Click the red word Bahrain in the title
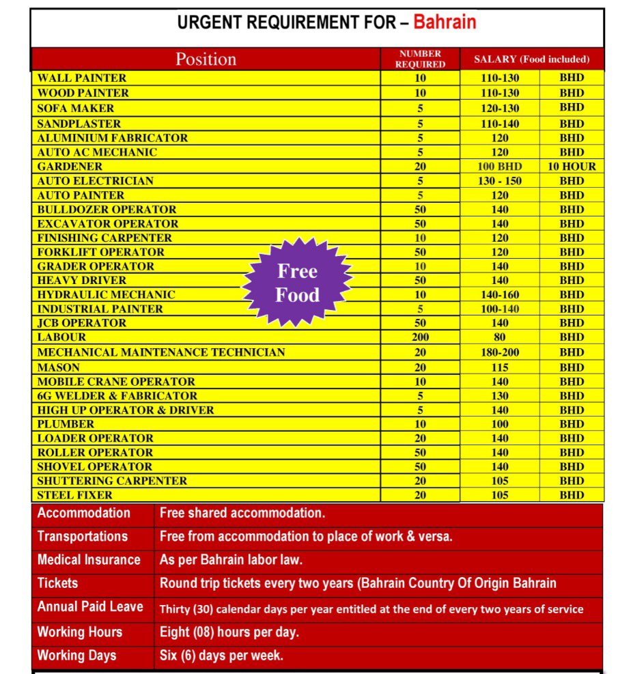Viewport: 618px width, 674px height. (445, 23)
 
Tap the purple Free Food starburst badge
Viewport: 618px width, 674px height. (298, 283)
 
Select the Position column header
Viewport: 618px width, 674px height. (206, 59)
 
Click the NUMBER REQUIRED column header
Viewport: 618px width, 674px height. (420, 59)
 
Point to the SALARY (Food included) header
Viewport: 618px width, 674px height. (531, 59)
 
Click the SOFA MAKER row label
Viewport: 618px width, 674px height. (76, 108)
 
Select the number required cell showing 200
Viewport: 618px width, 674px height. (420, 337)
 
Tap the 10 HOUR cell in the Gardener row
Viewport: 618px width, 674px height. (572, 167)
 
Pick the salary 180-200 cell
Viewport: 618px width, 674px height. (500, 352)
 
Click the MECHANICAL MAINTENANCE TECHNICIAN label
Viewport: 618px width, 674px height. (161, 352)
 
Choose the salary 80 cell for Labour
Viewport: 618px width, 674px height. (500, 337)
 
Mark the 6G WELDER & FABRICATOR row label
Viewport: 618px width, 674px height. (117, 396)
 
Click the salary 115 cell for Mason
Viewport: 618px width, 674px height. (500, 367)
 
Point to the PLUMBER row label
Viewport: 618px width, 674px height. (66, 424)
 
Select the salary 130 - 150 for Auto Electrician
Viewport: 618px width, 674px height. (500, 181)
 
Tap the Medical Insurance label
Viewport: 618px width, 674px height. (89, 560)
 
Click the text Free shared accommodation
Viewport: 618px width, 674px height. (242, 513)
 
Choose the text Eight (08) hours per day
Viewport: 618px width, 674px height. (229, 632)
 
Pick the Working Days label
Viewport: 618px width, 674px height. (77, 656)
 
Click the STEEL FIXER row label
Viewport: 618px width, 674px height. (75, 495)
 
